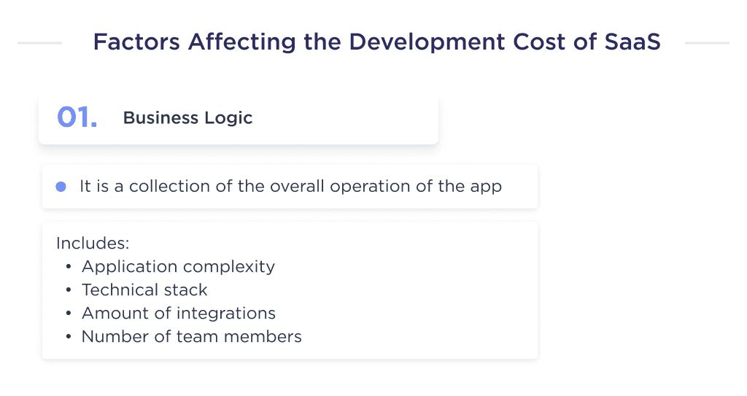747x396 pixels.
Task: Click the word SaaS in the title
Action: click(x=632, y=42)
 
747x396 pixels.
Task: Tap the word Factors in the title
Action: click(x=136, y=42)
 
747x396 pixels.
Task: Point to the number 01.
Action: click(x=77, y=117)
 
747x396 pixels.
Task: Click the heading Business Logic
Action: click(x=187, y=118)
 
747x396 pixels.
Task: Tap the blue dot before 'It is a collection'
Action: click(x=61, y=187)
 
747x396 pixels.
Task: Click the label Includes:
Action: click(x=93, y=243)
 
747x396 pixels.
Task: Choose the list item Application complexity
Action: click(x=178, y=267)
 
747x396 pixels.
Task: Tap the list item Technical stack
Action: click(x=144, y=290)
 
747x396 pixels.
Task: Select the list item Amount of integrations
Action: click(x=179, y=314)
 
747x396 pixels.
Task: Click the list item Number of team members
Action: click(x=191, y=337)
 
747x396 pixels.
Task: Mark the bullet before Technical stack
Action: click(x=69, y=290)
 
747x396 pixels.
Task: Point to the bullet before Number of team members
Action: click(x=69, y=337)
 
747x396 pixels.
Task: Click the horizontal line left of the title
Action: click(x=39, y=43)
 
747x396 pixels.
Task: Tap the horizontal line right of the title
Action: click(x=707, y=43)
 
